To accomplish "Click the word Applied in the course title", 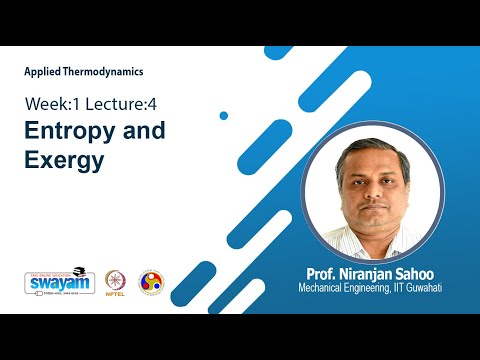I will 43,72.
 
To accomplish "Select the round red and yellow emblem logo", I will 151,282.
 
